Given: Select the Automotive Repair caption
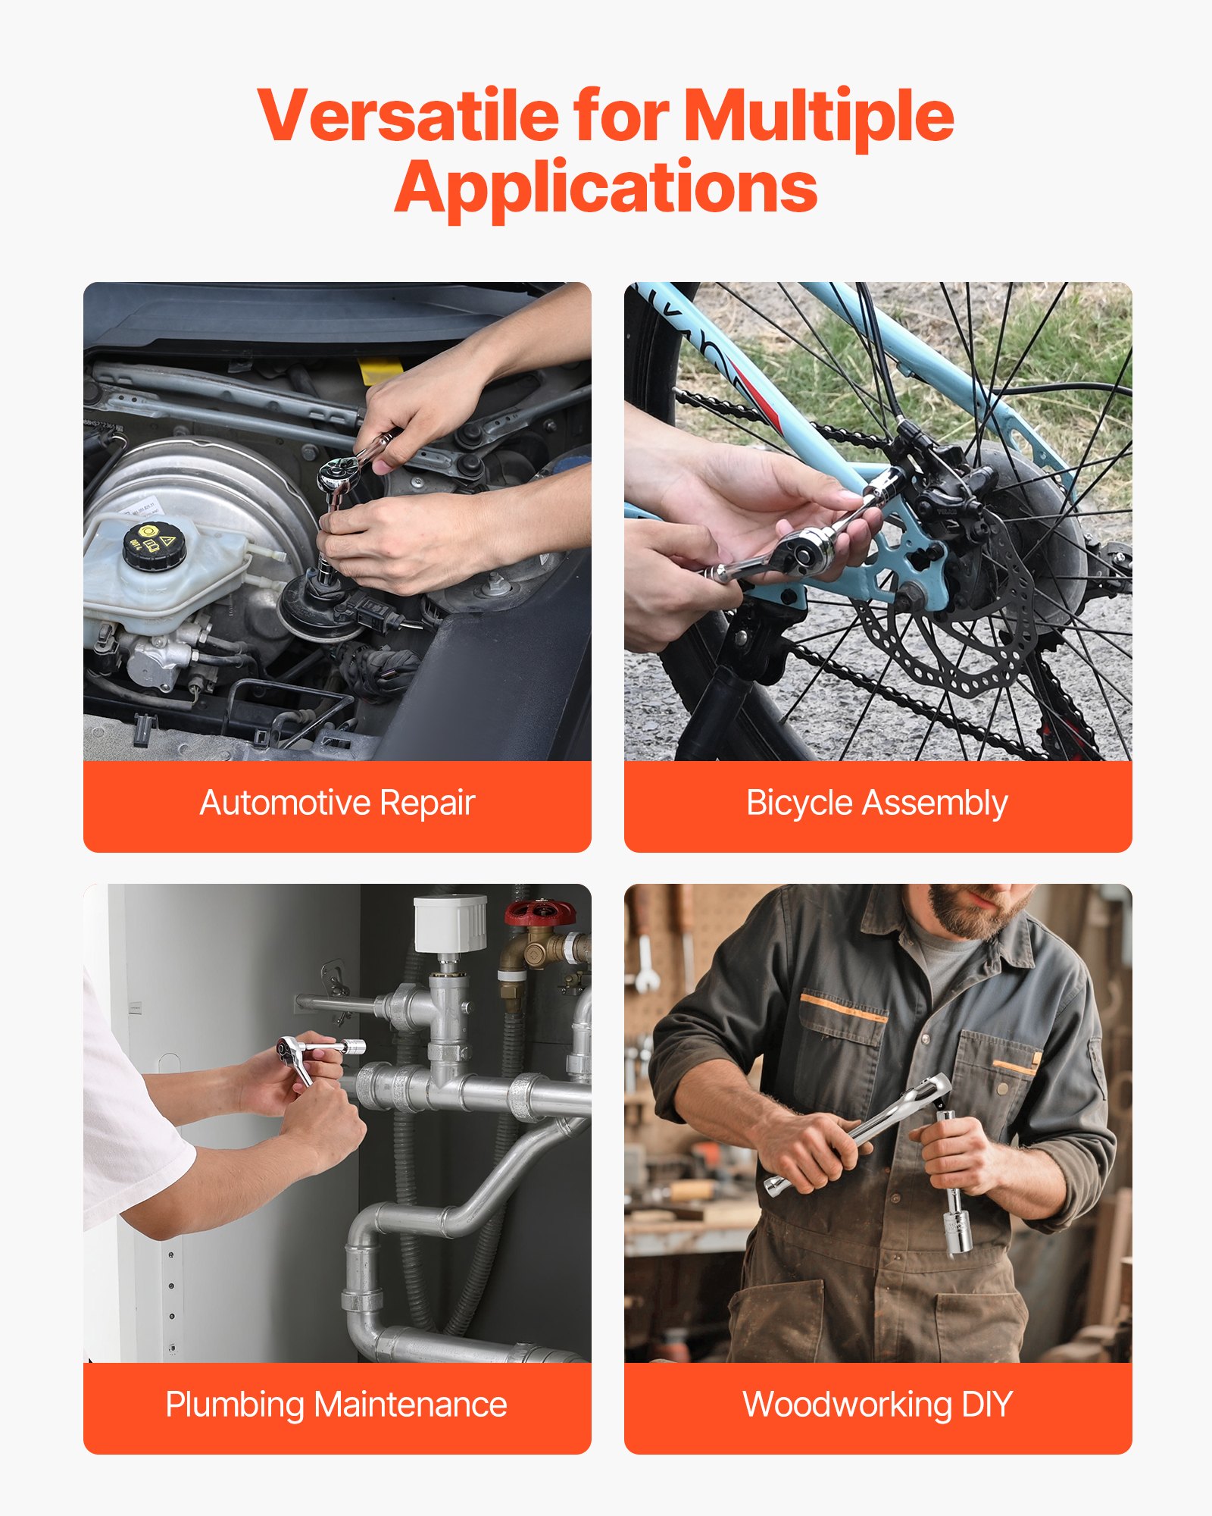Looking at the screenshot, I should [x=337, y=803].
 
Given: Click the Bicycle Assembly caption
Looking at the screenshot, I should [x=877, y=803].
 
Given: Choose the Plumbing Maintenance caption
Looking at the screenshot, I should [x=336, y=1405].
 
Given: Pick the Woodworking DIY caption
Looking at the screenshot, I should [x=877, y=1405].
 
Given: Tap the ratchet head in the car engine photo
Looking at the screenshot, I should [x=339, y=475].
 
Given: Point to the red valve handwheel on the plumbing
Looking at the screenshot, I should [x=540, y=912].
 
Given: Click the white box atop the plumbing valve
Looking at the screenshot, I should [x=450, y=922].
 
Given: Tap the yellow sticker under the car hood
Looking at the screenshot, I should [x=380, y=371].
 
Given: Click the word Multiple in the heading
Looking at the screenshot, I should [x=818, y=115].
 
